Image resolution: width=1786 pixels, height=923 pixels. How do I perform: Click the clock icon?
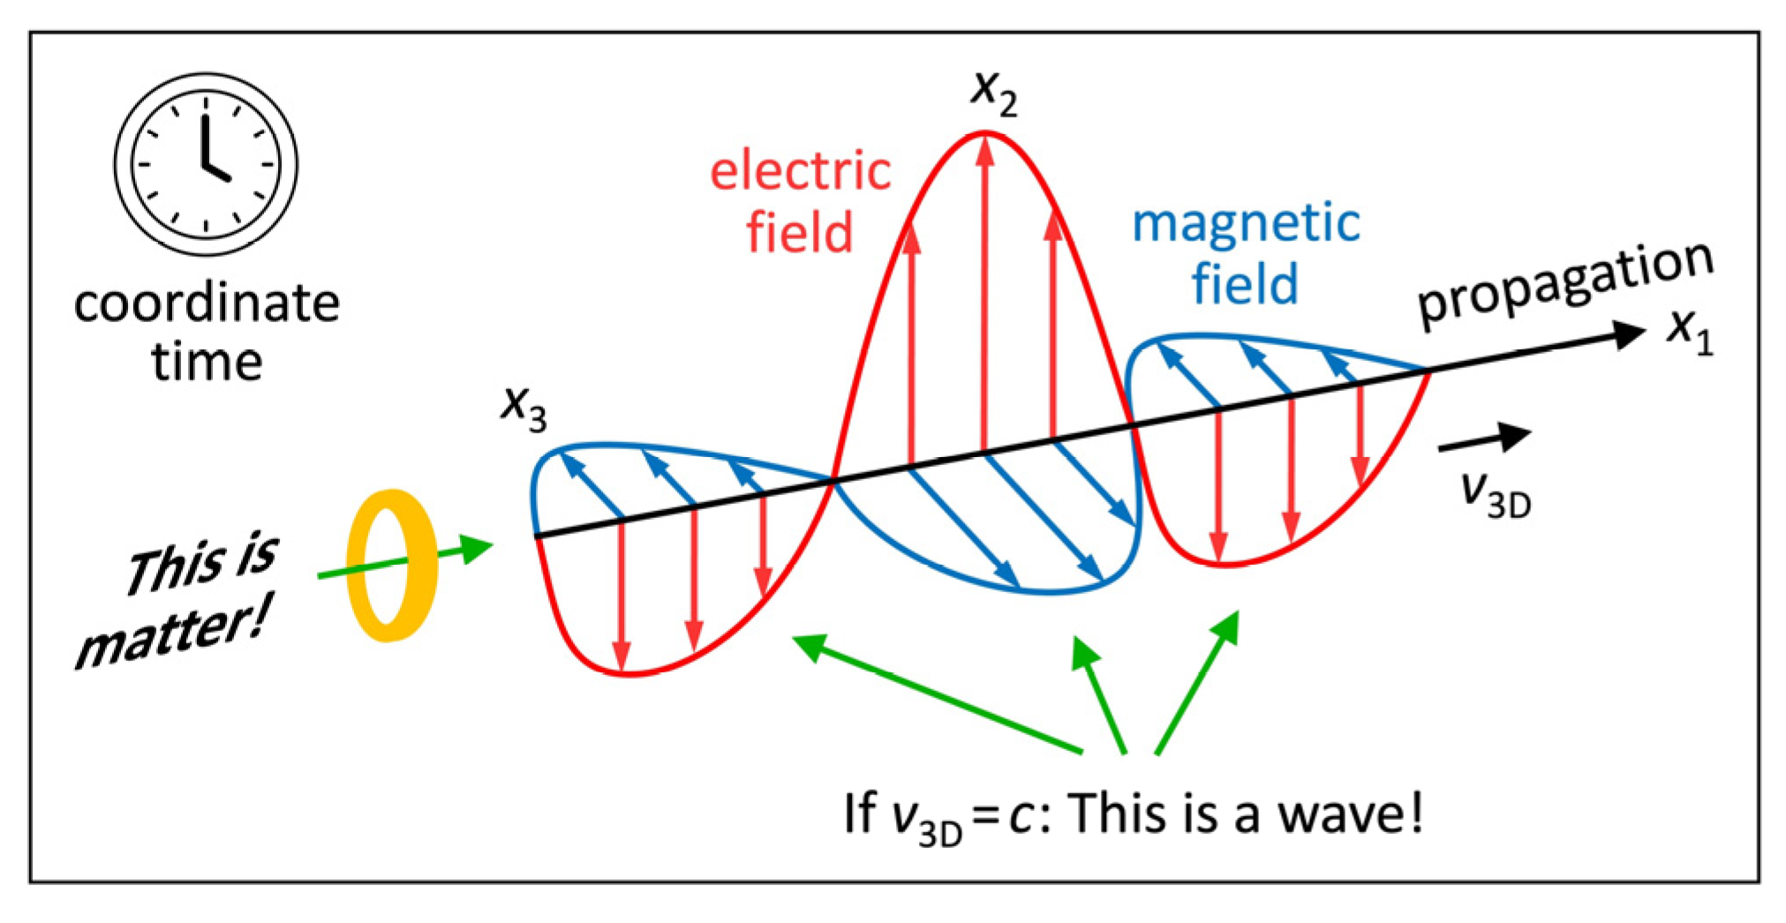(x=206, y=164)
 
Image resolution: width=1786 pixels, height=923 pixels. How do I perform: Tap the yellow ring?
(x=392, y=565)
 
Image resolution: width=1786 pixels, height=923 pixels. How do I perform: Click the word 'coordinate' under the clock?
(x=207, y=304)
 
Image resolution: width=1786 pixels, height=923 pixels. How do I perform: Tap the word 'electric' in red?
(x=800, y=171)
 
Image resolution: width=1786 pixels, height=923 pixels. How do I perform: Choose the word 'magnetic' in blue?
(x=1246, y=223)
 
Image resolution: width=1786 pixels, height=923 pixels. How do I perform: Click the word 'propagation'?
(x=1564, y=285)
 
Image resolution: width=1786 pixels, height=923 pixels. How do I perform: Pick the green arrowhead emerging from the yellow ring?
(x=476, y=549)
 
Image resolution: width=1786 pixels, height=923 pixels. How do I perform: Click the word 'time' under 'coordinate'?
(x=207, y=363)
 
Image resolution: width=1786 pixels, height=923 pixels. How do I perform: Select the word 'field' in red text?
(x=800, y=233)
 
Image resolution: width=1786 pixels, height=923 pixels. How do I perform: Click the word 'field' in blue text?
(x=1245, y=284)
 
